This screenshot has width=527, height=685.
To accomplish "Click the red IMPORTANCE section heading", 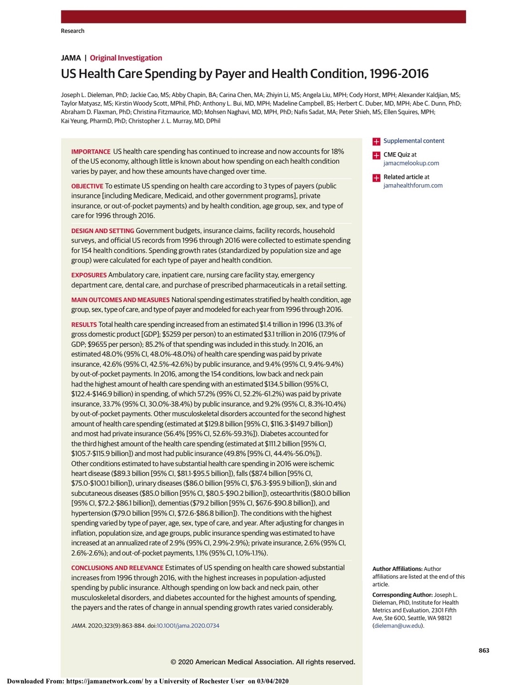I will (90, 152).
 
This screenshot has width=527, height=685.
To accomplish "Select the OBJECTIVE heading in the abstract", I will (87, 186).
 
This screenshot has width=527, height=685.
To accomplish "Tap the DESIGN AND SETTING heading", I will (102, 231).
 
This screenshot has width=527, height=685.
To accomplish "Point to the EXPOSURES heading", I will (89, 275).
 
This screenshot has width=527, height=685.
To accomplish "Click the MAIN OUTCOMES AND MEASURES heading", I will (120, 300).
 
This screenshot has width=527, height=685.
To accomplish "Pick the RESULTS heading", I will (84, 325).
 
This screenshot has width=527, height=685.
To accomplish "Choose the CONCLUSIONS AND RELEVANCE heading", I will (117, 568).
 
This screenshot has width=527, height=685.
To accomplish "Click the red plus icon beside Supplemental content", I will (376, 141).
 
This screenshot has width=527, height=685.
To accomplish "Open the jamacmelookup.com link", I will (411, 163).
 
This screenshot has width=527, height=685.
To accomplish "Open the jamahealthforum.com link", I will (413, 186).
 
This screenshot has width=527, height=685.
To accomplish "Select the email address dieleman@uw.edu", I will (398, 626).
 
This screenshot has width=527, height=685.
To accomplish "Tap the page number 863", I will (484, 650).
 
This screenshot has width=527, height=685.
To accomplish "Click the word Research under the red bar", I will (72, 31).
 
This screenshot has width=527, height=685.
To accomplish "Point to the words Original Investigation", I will (126, 58).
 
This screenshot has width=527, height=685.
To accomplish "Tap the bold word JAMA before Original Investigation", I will (70, 58).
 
